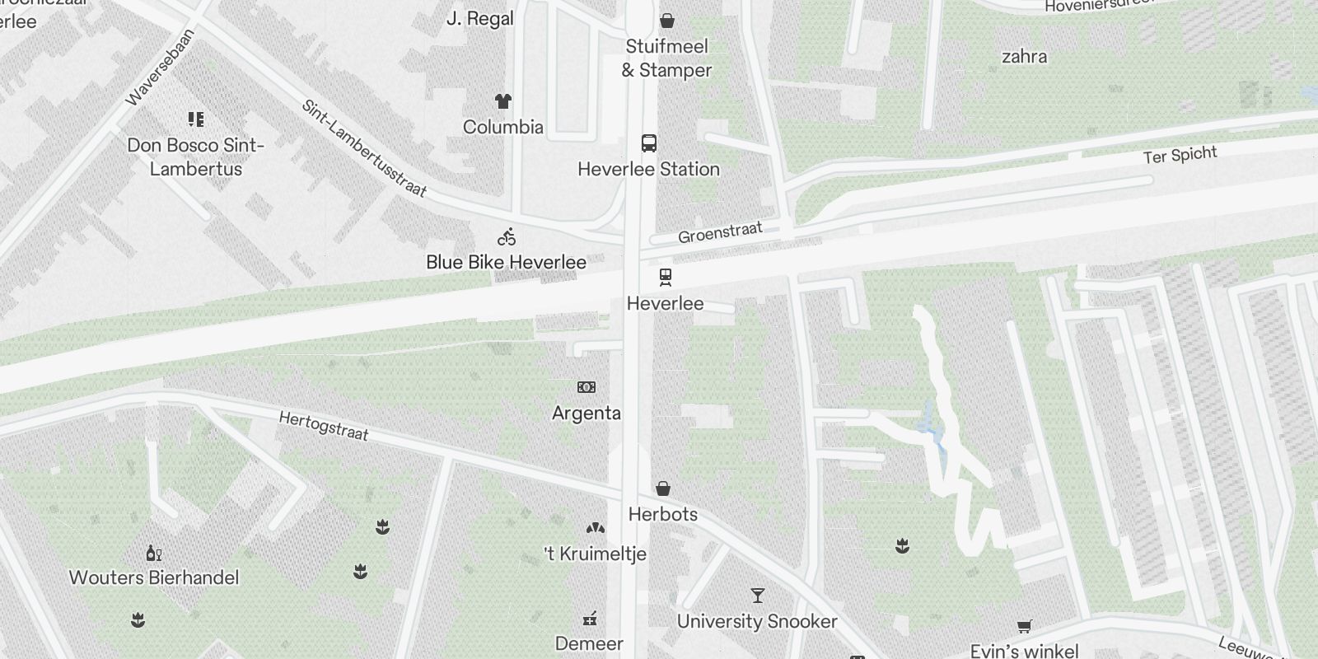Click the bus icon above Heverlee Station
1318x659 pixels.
(649, 143)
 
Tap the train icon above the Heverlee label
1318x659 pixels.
(665, 277)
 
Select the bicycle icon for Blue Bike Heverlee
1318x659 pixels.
(507, 237)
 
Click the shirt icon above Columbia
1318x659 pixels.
(503, 101)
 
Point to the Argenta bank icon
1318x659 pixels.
(587, 387)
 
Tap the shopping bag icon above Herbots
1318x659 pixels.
(663, 488)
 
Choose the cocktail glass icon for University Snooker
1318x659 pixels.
(757, 595)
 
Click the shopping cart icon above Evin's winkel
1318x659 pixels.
(1024, 627)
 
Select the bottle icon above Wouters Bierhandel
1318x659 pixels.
(153, 552)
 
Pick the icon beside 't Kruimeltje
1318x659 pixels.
(595, 528)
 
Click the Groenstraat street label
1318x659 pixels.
(720, 232)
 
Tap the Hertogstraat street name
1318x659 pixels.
(324, 426)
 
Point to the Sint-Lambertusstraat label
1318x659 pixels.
(364, 148)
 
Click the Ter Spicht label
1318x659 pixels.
(1180, 155)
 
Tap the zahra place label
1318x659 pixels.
(1024, 57)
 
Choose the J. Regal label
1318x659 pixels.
(479, 18)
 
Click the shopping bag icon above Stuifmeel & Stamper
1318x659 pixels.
(667, 21)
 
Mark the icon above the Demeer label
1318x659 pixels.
(590, 619)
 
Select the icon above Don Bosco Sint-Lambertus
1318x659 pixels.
(196, 119)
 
